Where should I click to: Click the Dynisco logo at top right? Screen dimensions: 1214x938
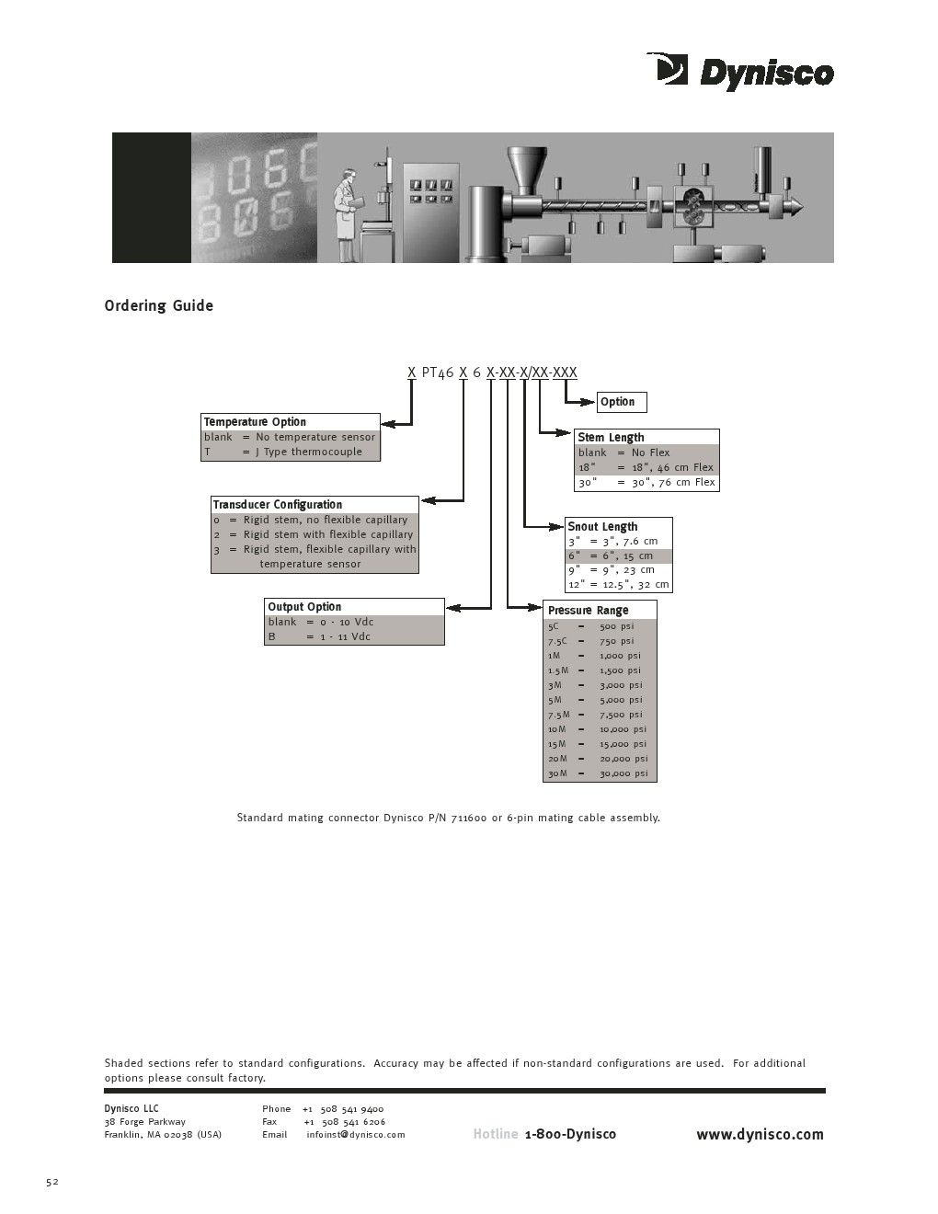[740, 72]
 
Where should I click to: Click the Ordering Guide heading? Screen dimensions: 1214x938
[158, 305]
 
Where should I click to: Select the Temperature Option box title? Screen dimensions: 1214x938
[255, 422]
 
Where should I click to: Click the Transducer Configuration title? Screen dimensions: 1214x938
[277, 505]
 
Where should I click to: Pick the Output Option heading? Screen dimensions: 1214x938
[304, 607]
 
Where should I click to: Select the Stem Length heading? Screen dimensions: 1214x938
[611, 438]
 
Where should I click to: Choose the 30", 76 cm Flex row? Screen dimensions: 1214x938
[646, 483]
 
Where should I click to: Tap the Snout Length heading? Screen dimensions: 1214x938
[602, 527]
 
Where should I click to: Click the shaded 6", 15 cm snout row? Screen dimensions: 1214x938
[618, 556]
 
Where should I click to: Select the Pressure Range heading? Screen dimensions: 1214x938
[588, 611]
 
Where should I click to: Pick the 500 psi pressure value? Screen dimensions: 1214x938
[616, 627]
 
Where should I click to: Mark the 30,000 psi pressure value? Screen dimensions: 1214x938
[623, 774]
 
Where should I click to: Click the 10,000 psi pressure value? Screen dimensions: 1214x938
[623, 730]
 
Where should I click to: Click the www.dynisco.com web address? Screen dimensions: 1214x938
[760, 1135]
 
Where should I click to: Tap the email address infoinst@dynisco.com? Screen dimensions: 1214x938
[356, 1135]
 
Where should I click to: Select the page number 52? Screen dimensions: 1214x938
[52, 1182]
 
